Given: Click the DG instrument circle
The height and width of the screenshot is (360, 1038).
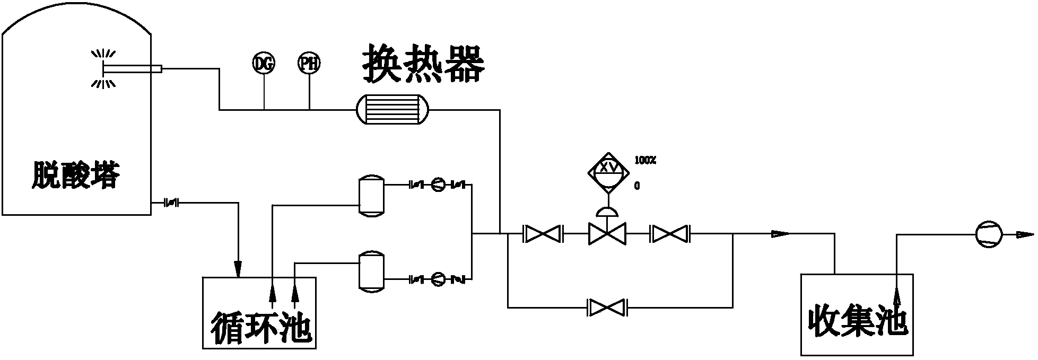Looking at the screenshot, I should tap(264, 64).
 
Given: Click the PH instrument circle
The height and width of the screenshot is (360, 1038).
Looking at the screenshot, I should tap(309, 64).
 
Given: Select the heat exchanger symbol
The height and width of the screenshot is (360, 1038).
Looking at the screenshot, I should tap(393, 110).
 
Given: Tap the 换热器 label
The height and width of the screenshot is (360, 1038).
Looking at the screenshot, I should tap(424, 64).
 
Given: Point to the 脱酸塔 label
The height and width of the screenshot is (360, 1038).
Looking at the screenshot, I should tap(75, 175).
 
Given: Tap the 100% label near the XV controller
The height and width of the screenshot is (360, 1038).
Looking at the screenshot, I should tap(645, 160).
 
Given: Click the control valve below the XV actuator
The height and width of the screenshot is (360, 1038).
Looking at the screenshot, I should tap(607, 233).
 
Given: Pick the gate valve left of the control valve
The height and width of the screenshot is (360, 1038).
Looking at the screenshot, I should tap(543, 233).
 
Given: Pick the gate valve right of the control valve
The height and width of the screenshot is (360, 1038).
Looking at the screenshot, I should tap(669, 233).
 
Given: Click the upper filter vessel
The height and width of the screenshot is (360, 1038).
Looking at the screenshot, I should tap(371, 195).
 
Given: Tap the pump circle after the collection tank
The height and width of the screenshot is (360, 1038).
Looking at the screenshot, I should tap(989, 234).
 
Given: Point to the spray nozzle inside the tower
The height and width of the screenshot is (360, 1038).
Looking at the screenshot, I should tap(103, 68).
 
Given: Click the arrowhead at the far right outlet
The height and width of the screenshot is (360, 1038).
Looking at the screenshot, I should tap(1025, 234).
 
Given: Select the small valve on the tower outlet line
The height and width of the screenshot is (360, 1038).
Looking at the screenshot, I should tap(171, 202).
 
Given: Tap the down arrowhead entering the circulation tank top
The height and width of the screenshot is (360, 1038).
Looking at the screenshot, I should tap(238, 269).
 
